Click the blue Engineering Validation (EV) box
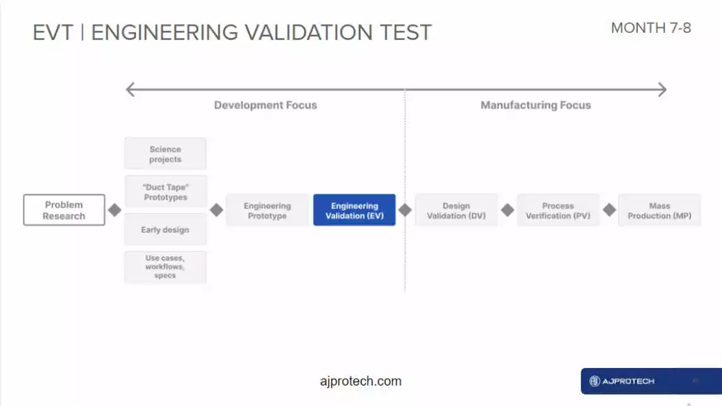354,210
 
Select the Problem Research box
64,210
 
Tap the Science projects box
165,154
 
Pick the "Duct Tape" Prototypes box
165,192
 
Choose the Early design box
165,230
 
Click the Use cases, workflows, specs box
165,267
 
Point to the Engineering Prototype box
268,211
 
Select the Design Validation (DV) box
456,211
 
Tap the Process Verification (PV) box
558,211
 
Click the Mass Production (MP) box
660,211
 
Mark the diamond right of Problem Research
115,210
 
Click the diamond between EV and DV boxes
405,210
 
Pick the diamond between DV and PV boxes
507,210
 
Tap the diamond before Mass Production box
609,210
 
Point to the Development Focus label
266,105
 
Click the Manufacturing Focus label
536,105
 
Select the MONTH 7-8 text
651,28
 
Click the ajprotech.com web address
361,381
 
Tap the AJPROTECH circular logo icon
595,381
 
